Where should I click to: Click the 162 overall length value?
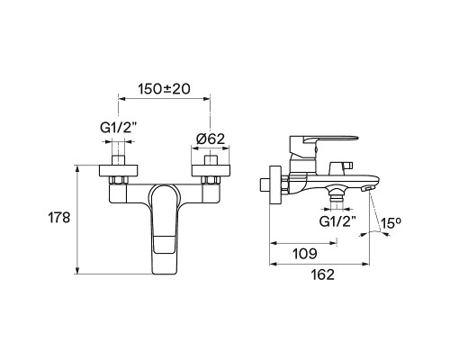pyautogui.click(x=321, y=274)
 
